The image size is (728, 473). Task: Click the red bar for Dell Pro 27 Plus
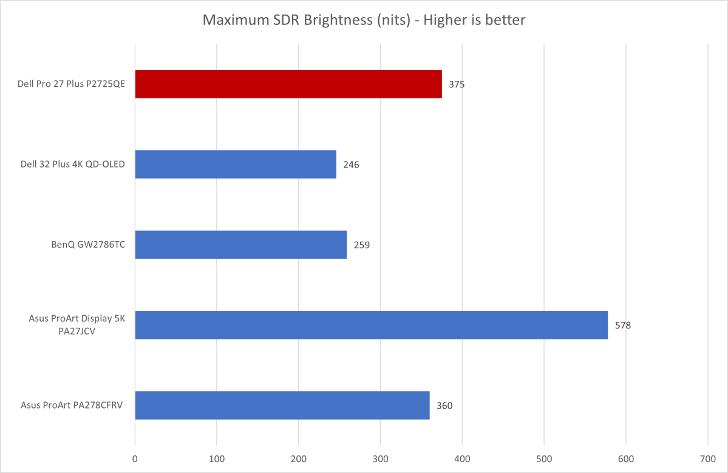click(288, 84)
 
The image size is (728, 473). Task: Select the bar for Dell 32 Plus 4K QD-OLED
click(236, 165)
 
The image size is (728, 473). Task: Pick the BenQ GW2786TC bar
click(240, 245)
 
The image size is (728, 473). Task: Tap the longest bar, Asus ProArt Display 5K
click(371, 325)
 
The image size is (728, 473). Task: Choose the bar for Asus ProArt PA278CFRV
click(282, 405)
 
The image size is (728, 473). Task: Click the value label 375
click(457, 85)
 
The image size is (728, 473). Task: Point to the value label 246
click(352, 165)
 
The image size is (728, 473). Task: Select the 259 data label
click(362, 245)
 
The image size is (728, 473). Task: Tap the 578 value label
click(623, 325)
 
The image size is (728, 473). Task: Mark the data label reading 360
click(444, 406)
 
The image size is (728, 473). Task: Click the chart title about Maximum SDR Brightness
click(364, 21)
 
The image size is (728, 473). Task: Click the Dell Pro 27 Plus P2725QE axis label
click(72, 84)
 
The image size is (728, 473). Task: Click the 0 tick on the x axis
click(135, 460)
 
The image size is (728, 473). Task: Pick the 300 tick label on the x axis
click(380, 460)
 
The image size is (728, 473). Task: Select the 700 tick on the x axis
click(707, 460)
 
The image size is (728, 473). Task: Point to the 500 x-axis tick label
click(544, 460)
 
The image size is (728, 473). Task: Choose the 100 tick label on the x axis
click(217, 460)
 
